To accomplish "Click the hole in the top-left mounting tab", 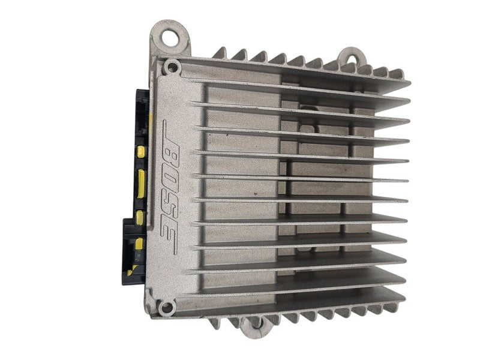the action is point(169,37).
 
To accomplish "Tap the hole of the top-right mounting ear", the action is point(353,59).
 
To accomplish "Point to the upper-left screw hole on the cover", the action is point(172,67).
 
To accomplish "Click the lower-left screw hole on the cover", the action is point(167,307).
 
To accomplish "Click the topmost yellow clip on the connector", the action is point(141,152).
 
